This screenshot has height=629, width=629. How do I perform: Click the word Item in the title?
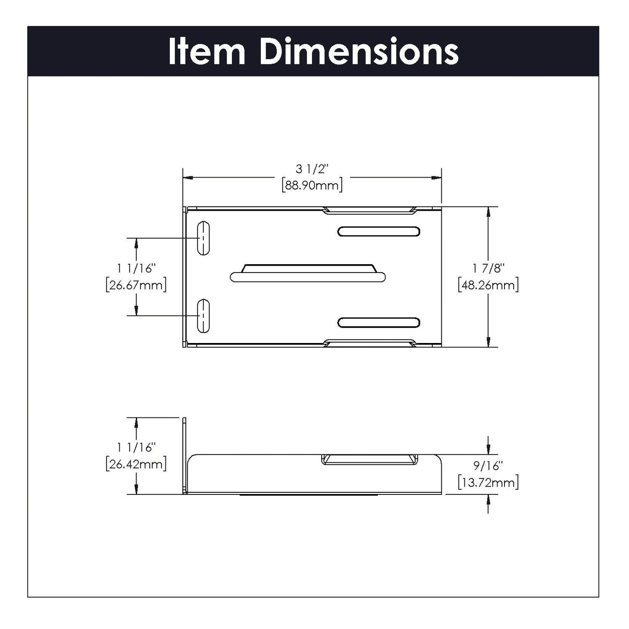(x=207, y=52)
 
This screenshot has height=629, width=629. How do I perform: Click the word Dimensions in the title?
(x=359, y=52)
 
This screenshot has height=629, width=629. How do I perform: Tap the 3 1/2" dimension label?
(x=312, y=169)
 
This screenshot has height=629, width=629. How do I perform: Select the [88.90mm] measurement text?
(x=312, y=185)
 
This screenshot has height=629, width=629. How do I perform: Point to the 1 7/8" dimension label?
(x=488, y=268)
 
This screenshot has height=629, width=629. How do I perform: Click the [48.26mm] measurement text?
(x=488, y=286)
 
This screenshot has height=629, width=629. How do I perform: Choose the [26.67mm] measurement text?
(x=136, y=286)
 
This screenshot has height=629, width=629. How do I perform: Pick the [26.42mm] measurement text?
(x=136, y=464)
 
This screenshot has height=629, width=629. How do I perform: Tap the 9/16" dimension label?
(x=488, y=465)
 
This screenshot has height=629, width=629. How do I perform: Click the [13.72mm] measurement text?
(x=488, y=482)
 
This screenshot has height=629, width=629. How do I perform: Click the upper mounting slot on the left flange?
(x=203, y=238)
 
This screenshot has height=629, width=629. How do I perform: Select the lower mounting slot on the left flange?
(x=203, y=316)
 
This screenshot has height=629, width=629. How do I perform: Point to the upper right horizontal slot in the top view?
(x=379, y=232)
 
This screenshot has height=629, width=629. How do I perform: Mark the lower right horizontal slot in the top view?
(x=379, y=323)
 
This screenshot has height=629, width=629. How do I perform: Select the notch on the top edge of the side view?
(x=369, y=459)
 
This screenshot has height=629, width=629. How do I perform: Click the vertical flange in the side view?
(x=185, y=455)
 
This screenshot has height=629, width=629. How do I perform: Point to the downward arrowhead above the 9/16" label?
(x=488, y=450)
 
